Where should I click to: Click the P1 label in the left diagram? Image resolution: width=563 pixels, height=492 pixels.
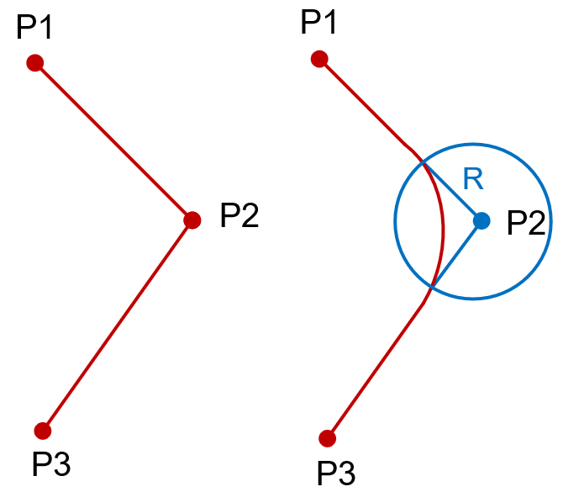pos(35,29)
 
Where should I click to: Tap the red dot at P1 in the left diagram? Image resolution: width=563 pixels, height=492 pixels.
pos(34,62)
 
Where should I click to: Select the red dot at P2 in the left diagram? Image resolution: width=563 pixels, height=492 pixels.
pos(192,220)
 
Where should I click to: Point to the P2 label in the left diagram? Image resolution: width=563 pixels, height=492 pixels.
pos(239,217)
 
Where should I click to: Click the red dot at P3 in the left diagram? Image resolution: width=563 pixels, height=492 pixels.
pos(43,431)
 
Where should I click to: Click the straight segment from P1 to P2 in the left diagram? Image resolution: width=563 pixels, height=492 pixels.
pos(113,141)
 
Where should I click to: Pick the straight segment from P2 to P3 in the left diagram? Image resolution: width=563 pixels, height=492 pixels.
pos(118,325)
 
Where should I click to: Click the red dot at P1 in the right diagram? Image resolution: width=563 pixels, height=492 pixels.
pos(318,58)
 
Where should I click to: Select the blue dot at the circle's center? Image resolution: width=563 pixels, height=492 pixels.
pos(481,220)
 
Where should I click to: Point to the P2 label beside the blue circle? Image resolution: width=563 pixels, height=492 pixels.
pos(526,223)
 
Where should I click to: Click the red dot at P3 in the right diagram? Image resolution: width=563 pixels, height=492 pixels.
pos(328,438)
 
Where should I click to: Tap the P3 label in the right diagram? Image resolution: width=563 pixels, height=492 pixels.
pos(336,471)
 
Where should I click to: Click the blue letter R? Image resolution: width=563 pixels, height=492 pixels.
pos(473,179)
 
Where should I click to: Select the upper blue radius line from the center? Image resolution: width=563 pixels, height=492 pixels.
pos(452,193)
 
